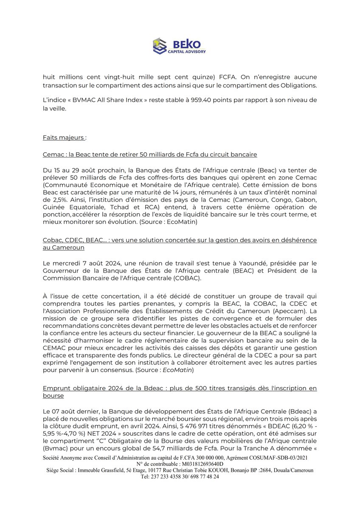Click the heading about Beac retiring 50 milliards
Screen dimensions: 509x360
coord(149,154)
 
